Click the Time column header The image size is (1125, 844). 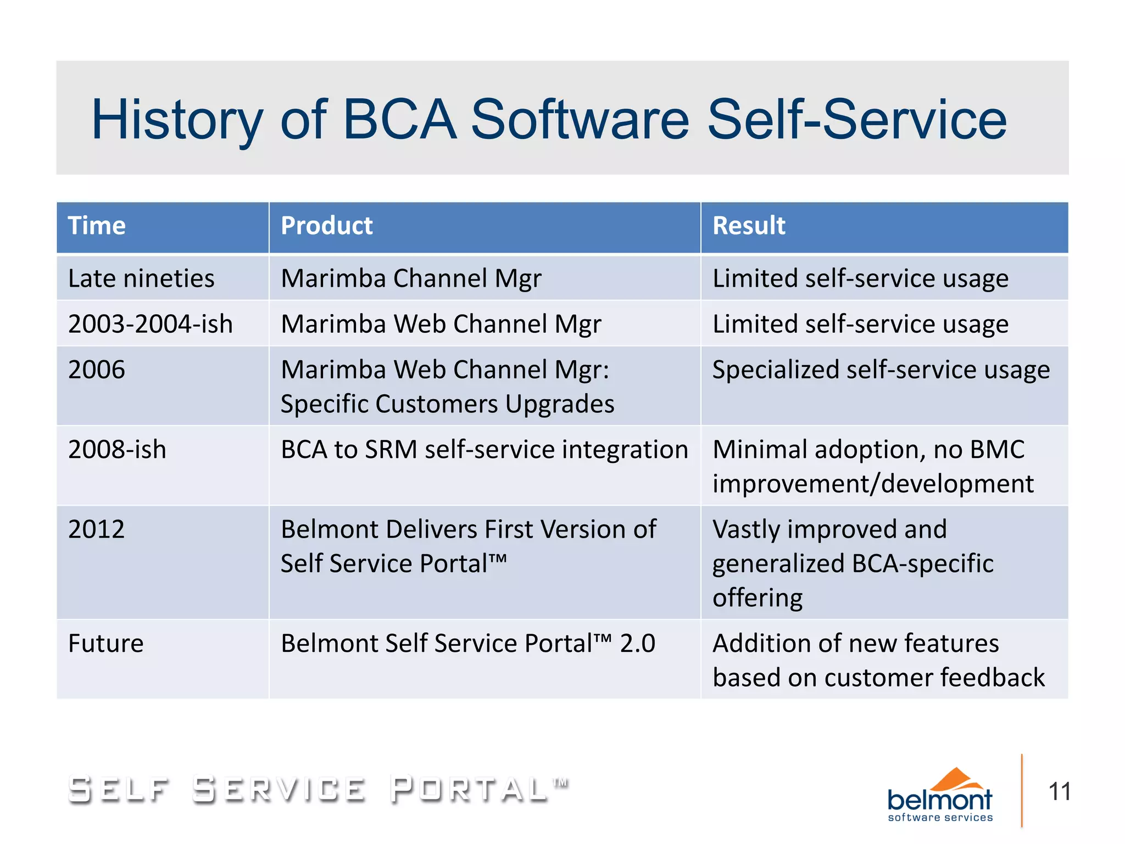point(97,226)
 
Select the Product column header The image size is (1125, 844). point(326,226)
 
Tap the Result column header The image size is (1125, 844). point(748,226)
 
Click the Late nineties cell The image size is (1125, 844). point(141,278)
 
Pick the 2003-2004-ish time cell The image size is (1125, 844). point(150,324)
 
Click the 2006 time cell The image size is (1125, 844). point(97,370)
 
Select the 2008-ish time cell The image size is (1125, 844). point(117,450)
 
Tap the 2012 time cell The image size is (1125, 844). point(97,529)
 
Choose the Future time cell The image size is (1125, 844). point(105,643)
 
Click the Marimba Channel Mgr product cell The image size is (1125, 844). point(411,278)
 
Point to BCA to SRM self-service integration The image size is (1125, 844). point(484,450)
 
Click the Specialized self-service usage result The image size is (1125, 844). point(881,370)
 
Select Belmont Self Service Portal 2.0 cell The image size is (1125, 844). point(467,643)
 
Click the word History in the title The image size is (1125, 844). point(177,120)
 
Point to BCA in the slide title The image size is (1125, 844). point(399,120)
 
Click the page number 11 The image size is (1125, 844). point(1059,792)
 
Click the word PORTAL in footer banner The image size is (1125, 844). point(469,789)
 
